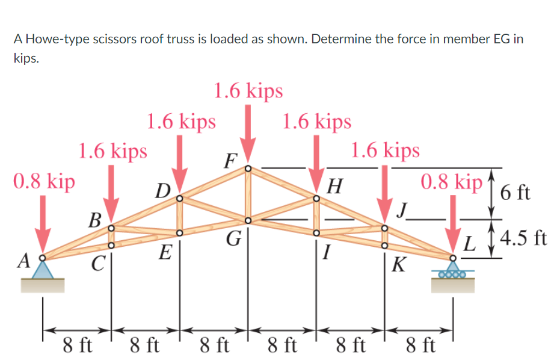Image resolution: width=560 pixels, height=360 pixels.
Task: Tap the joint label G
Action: pos(233,240)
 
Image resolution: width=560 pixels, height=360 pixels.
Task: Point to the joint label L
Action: pos(473,245)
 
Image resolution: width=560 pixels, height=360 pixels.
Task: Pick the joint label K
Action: pos(399,264)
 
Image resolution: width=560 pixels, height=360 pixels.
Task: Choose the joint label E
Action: pos(163,252)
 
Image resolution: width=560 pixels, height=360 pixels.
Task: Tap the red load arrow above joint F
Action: pos(248,132)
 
